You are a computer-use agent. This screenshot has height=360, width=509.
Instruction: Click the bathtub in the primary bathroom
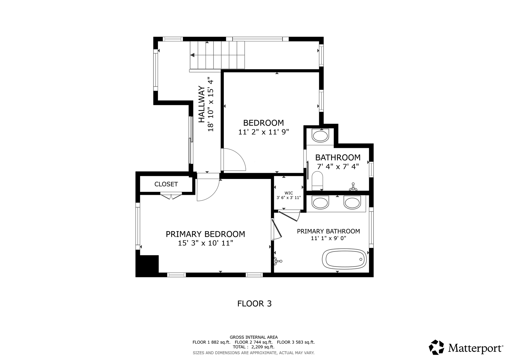(x=344, y=259)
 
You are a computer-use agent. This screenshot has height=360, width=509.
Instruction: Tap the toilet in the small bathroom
(x=317, y=181)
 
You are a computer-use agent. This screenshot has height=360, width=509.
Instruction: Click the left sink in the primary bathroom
(x=321, y=203)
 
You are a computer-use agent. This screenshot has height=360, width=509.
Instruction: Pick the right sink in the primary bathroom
(x=352, y=203)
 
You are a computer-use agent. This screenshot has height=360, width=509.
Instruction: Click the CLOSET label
(x=166, y=184)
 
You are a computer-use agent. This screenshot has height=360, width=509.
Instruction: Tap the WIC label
(x=289, y=193)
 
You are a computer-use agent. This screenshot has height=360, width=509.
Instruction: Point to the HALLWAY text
(x=202, y=104)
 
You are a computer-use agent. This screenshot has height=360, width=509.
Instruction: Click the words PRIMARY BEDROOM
(x=205, y=234)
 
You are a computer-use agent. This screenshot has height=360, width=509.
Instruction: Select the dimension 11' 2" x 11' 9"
(x=264, y=132)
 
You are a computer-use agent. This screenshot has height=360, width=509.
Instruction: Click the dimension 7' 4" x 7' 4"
(x=338, y=166)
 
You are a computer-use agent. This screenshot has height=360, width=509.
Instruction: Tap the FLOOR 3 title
(x=254, y=304)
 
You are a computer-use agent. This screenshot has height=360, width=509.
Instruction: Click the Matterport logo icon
(x=436, y=347)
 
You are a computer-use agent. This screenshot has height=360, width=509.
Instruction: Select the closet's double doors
(x=171, y=197)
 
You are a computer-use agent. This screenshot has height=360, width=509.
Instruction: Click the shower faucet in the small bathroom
(x=353, y=187)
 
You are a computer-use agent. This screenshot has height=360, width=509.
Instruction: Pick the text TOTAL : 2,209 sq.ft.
(x=254, y=347)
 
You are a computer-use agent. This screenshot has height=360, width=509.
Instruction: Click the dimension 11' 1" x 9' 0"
(x=328, y=238)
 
